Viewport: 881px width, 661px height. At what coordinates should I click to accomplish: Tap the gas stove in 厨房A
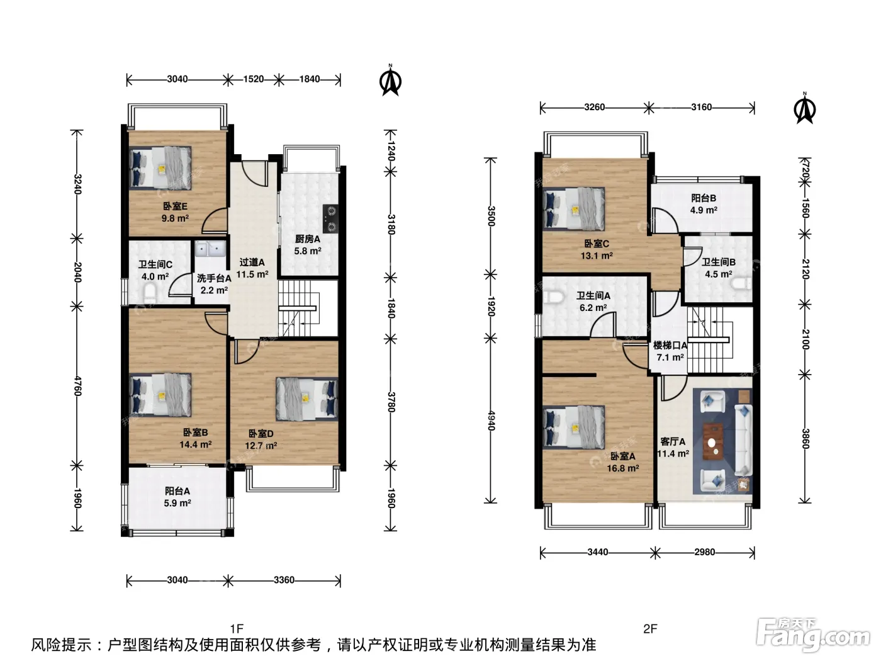pyautogui.click(x=331, y=218)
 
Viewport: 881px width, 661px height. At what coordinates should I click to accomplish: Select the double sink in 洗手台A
pyautogui.click(x=210, y=249)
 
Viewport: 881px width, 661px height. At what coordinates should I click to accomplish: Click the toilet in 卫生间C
pyautogui.click(x=149, y=293)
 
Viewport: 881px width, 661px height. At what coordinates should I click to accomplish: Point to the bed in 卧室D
pyautogui.click(x=306, y=399)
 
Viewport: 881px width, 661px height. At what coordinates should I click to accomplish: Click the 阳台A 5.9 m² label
pyautogui.click(x=177, y=497)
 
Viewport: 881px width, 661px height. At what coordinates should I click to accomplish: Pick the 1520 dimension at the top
pyautogui.click(x=253, y=79)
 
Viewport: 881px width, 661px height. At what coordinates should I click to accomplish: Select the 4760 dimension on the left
pyautogui.click(x=77, y=386)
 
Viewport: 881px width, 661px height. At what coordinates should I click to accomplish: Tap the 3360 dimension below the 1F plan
pyautogui.click(x=284, y=580)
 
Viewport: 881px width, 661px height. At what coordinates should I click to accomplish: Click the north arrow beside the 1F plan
pyautogui.click(x=390, y=81)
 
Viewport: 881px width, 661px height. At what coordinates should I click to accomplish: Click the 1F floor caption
pyautogui.click(x=237, y=628)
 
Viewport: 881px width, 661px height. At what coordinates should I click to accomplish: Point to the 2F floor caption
pyautogui.click(x=650, y=628)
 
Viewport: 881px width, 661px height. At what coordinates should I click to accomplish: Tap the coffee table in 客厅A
pyautogui.click(x=713, y=441)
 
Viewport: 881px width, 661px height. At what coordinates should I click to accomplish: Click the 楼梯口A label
pyautogui.click(x=670, y=345)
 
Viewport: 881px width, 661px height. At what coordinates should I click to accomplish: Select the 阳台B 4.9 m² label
pyautogui.click(x=704, y=204)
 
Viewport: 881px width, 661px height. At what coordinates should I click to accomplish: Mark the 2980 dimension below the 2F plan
pyautogui.click(x=704, y=552)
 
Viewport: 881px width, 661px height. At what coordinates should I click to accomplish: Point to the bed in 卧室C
pyautogui.click(x=573, y=209)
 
